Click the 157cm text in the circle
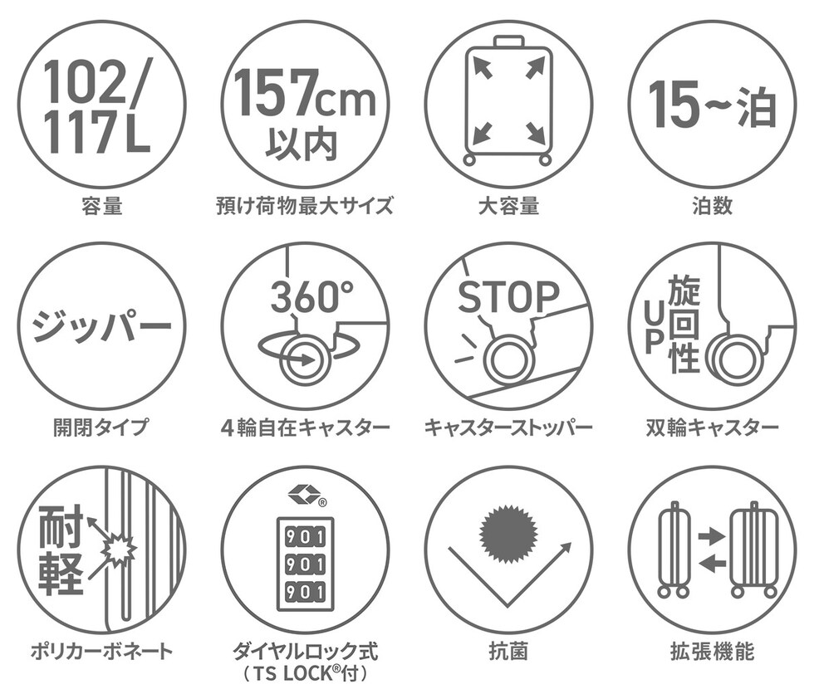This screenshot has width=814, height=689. click(305, 94)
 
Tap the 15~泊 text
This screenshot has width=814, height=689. click(712, 104)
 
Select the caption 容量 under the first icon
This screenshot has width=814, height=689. click(101, 206)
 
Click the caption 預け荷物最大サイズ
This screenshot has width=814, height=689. click(305, 206)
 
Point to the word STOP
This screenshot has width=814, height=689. click(508, 297)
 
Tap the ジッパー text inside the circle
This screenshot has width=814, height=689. click(101, 326)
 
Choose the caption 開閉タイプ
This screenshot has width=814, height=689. click(101, 428)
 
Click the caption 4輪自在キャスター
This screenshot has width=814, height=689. click(305, 428)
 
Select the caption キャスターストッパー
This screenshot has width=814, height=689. click(508, 428)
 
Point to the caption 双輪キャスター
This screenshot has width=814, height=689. click(712, 428)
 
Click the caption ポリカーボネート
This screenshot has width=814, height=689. click(101, 650)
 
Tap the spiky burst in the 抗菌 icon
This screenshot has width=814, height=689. click(508, 534)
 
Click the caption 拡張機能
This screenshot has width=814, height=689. click(712, 651)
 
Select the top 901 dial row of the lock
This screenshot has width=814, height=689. click(306, 536)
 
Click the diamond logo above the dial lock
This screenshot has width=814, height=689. click(303, 496)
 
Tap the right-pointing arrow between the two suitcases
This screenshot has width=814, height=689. click(712, 535)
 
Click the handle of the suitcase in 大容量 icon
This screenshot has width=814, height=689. click(508, 42)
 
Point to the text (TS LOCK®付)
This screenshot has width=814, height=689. click(306, 674)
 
